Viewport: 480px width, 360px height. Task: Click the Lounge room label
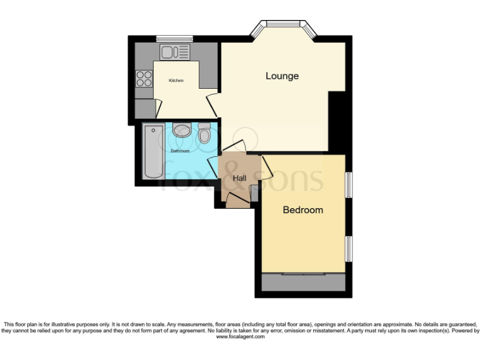click(x=282, y=76)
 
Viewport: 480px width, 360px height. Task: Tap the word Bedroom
click(x=303, y=210)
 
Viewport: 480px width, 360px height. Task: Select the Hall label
click(x=239, y=178)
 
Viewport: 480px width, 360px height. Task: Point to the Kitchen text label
click(x=176, y=81)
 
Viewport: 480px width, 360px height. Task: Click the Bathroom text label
click(x=180, y=151)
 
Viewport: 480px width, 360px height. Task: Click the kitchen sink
click(x=174, y=51)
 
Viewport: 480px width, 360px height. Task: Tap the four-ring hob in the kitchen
click(x=144, y=78)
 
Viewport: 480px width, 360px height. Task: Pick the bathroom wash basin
click(x=182, y=130)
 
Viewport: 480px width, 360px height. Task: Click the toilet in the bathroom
click(x=204, y=134)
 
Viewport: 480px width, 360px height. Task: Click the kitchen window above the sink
click(x=174, y=39)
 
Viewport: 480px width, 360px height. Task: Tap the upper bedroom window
click(x=349, y=185)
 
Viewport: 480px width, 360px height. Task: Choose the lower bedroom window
click(x=349, y=249)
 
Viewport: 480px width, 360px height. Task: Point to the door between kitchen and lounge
click(x=212, y=104)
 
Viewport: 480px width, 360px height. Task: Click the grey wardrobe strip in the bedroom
click(x=303, y=282)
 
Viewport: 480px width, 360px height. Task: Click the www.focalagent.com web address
click(x=240, y=337)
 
